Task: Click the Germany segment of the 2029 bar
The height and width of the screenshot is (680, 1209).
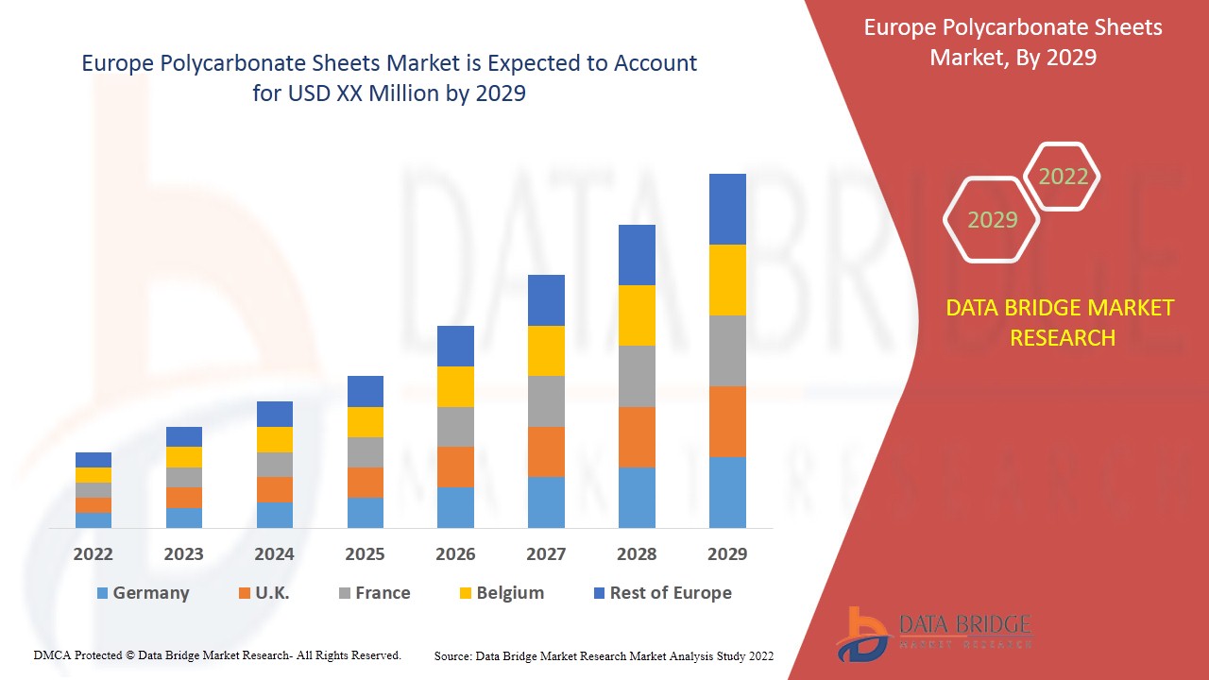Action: tap(727, 492)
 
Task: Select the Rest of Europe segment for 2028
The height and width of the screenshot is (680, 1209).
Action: tap(637, 255)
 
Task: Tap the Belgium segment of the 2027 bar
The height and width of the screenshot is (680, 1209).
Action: tap(546, 350)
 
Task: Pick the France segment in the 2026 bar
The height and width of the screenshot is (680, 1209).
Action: tap(455, 427)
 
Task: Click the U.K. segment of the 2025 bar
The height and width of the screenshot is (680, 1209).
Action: tap(366, 483)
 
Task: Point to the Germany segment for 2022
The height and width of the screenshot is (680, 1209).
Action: tap(94, 519)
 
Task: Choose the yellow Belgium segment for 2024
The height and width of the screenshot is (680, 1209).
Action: tap(275, 439)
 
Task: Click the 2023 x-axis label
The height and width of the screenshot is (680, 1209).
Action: tap(183, 554)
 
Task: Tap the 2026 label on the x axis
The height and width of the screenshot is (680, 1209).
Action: tap(455, 554)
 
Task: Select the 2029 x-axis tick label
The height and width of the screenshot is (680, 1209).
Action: tap(727, 554)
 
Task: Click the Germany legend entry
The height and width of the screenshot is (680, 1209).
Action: tap(143, 593)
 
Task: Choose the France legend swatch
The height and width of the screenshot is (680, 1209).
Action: tap(346, 593)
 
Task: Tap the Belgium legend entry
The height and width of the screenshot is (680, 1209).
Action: tap(501, 593)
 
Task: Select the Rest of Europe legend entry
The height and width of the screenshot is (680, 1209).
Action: tap(661, 593)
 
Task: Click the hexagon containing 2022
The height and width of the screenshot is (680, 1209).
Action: tap(1063, 177)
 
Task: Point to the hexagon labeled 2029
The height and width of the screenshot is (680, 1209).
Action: tap(992, 220)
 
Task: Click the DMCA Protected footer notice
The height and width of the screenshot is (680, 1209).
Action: tap(217, 654)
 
